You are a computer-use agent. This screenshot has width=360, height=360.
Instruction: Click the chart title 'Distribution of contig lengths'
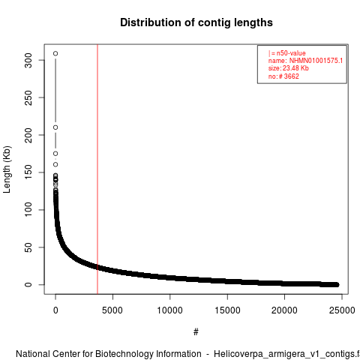point(196,22)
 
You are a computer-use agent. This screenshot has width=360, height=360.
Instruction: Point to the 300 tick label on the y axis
point(28,60)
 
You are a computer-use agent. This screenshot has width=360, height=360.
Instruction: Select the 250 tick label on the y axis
point(28,97)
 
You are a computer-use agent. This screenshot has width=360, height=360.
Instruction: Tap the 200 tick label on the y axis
point(28,135)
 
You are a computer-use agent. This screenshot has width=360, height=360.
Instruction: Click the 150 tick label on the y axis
point(28,172)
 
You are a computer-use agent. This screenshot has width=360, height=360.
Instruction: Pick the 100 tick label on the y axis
point(28,210)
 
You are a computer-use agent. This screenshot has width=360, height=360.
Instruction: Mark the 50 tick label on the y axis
point(28,247)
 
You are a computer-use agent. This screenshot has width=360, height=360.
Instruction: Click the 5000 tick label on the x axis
point(112,310)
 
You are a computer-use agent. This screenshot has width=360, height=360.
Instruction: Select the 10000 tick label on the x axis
point(169,310)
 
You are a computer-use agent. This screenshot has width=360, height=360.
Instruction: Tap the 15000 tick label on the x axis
point(227,310)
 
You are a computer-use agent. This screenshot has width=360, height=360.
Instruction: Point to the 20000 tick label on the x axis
point(284,310)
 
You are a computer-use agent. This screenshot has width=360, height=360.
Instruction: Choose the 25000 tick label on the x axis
point(342,310)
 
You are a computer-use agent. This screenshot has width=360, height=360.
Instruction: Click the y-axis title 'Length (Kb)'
point(7,169)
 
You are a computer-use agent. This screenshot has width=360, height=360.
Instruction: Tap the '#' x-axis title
point(196,332)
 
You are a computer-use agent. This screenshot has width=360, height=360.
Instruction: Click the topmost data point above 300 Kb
point(55,53)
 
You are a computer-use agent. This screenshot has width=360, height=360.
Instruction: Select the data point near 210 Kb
point(55,127)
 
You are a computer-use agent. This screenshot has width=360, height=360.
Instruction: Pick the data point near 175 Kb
point(55,154)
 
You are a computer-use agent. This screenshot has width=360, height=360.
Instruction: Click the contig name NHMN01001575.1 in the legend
point(316,61)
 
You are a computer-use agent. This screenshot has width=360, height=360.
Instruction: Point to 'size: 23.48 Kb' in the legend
point(289,68)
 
